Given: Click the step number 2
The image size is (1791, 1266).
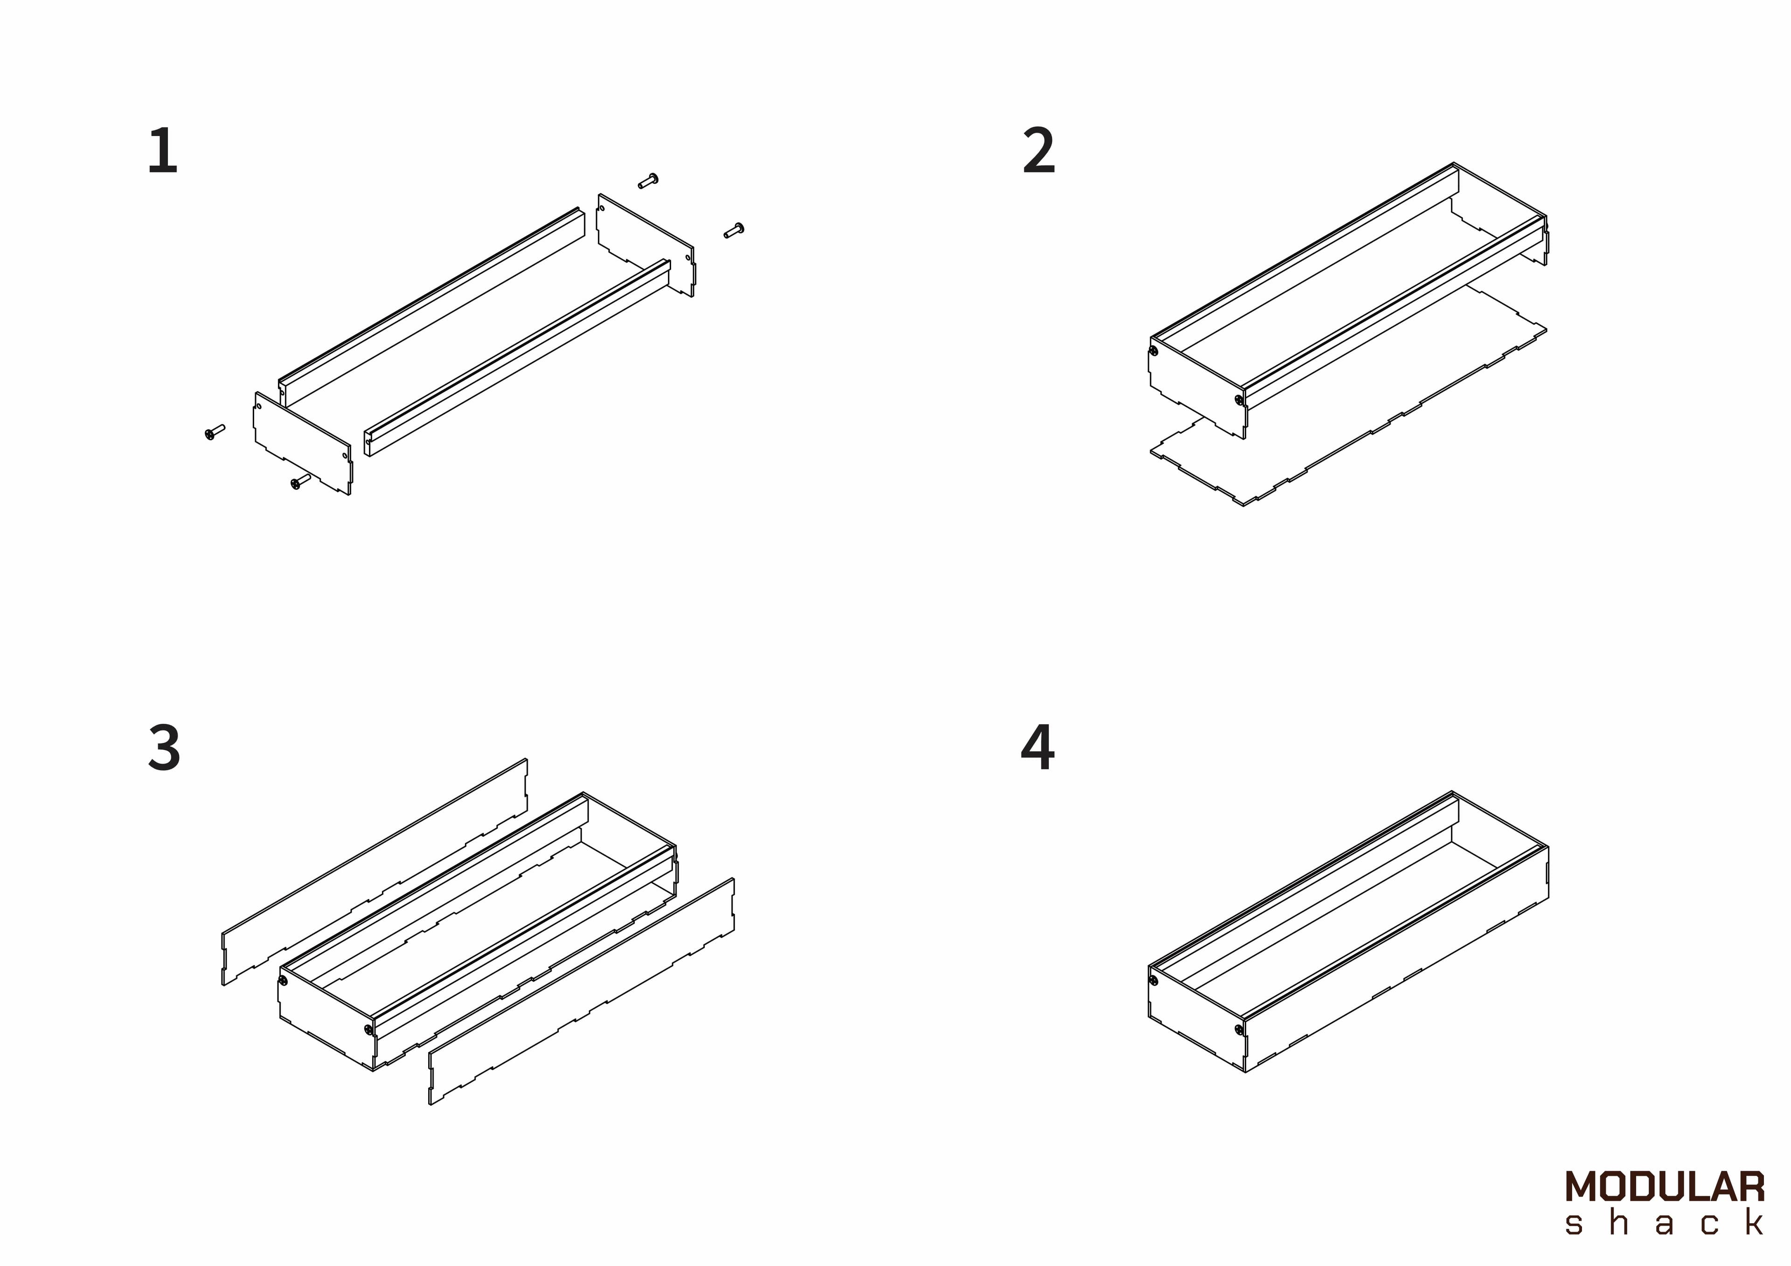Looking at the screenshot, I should pos(1039,152).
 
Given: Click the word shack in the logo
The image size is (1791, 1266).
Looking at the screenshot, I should pos(1665,1223).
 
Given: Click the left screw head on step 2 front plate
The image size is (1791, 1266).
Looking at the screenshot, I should pos(1154,351).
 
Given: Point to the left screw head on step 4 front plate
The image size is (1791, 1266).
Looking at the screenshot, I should pos(1154,981).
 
